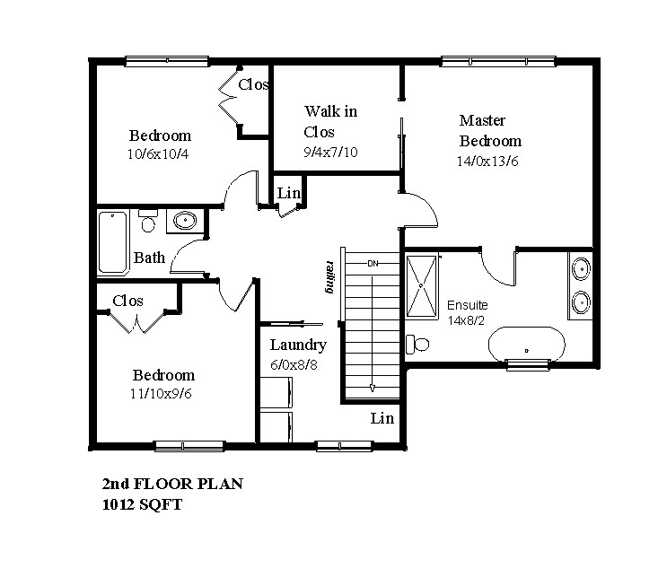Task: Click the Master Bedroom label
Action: (x=490, y=130)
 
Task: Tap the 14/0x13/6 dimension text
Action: (x=487, y=162)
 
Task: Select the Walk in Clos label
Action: (x=330, y=122)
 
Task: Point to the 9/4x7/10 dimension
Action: (x=330, y=153)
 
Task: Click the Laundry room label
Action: (x=298, y=345)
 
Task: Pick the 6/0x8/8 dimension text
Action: (x=294, y=365)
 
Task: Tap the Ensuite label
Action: (x=467, y=305)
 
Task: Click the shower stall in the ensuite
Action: (x=422, y=286)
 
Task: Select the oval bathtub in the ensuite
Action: (x=527, y=344)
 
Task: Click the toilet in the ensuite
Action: (x=417, y=344)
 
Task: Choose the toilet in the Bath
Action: (x=147, y=221)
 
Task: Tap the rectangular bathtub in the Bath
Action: (x=113, y=242)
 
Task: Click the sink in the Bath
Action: (x=185, y=220)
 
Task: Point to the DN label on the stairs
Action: (x=373, y=264)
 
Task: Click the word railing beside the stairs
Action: (x=329, y=276)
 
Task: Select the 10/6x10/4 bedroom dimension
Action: (x=158, y=154)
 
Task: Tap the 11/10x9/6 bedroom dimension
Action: (x=161, y=394)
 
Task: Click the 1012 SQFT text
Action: (x=142, y=504)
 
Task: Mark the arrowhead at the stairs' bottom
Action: (x=373, y=388)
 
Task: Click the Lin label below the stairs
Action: (x=382, y=418)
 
